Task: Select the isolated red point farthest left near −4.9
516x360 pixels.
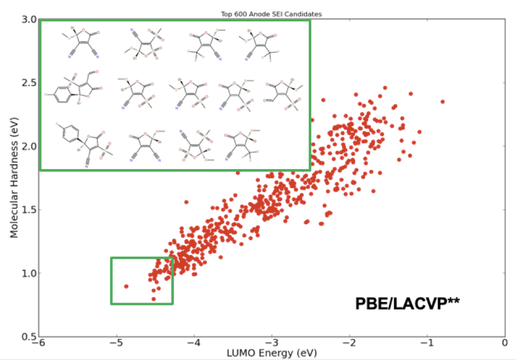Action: [126, 286]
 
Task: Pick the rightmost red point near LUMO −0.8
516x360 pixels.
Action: [443, 102]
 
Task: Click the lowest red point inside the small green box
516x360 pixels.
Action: [154, 299]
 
